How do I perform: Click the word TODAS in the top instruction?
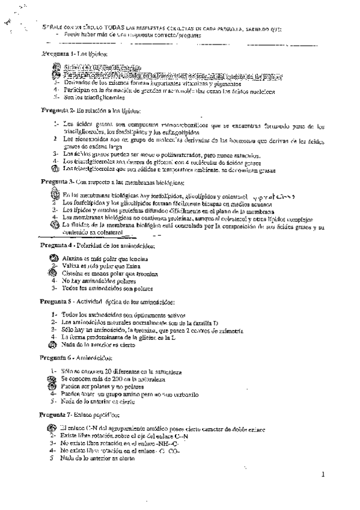point(117,28)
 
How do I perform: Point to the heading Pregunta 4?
point(58,246)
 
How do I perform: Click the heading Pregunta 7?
point(58,414)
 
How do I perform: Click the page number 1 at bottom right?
point(323,474)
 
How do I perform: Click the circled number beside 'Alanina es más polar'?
point(53,258)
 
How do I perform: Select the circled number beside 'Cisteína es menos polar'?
point(53,272)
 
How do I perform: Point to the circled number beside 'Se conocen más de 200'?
point(53,379)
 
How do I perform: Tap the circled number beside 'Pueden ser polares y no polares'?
point(53,387)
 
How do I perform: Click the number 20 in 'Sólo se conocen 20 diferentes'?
point(102,372)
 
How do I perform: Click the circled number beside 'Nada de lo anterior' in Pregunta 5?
point(53,345)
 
